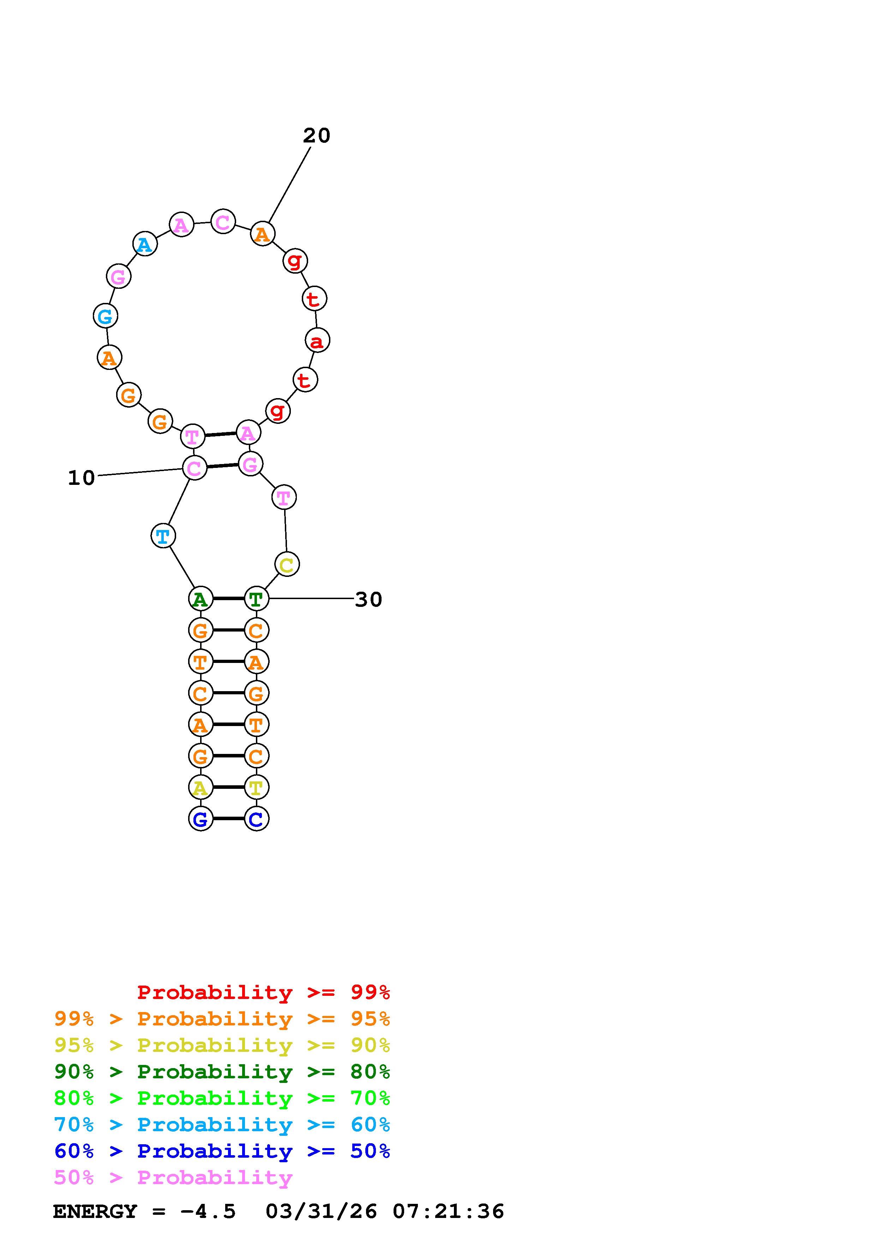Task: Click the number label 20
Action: click(317, 135)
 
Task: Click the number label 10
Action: click(82, 478)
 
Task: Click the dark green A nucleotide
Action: click(200, 598)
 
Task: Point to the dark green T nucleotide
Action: click(257, 598)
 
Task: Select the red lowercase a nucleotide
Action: click(317, 341)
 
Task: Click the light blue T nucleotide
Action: click(163, 536)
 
